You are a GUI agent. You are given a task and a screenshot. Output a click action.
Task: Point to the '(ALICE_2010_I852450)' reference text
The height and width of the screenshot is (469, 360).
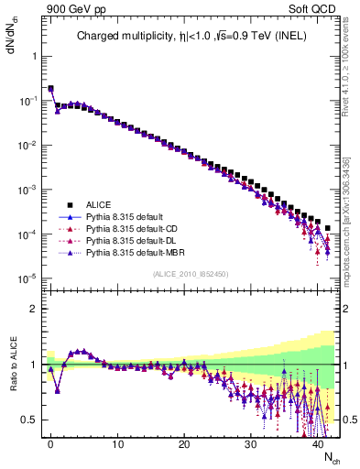(192, 274)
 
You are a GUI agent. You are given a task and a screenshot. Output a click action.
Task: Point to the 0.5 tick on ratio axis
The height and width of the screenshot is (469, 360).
(30, 420)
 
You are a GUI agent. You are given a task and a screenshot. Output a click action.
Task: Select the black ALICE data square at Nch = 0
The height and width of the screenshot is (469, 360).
(50, 89)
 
